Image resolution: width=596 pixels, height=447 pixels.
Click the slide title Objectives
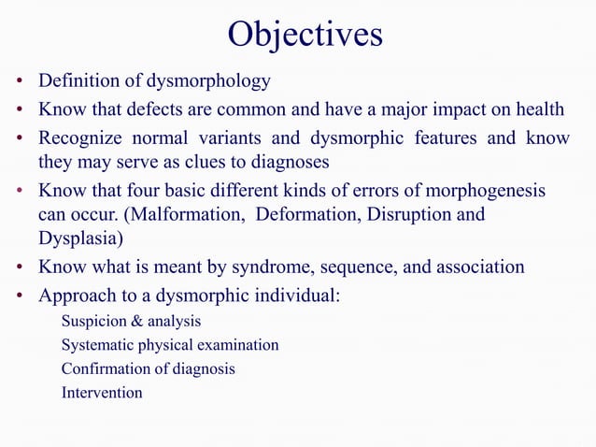[305, 35]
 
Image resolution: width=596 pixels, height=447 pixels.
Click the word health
[540, 109]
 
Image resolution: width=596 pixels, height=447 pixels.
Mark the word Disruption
[407, 214]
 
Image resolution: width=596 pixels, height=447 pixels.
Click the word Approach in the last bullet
[74, 296]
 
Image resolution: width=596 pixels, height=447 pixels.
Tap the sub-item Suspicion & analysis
[131, 322]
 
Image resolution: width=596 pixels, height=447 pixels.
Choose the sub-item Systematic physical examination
[170, 345]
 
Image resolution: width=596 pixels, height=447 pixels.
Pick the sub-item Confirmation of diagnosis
[149, 368]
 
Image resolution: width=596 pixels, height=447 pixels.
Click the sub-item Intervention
[102, 393]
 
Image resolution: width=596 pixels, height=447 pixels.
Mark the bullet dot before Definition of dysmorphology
[19, 82]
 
